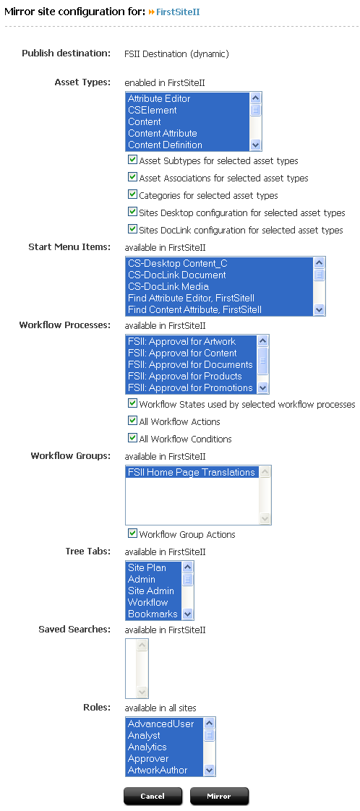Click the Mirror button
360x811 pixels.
point(219,796)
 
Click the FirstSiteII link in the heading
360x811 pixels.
point(178,12)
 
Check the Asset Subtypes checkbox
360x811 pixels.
point(132,160)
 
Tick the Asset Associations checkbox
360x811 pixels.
point(132,177)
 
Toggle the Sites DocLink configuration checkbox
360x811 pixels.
point(132,229)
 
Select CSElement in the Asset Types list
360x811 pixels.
point(152,110)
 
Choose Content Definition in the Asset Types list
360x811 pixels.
point(165,145)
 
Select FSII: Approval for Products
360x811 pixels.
point(184,376)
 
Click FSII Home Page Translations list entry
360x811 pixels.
point(192,472)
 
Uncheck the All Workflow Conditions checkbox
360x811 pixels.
point(132,438)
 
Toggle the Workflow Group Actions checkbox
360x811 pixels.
point(132,533)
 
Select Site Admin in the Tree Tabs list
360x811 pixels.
point(151,591)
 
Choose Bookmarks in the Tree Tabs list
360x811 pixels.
point(153,614)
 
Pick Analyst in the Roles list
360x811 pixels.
point(144,736)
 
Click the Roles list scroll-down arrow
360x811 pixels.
point(210,770)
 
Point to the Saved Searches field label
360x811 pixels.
point(74,630)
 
